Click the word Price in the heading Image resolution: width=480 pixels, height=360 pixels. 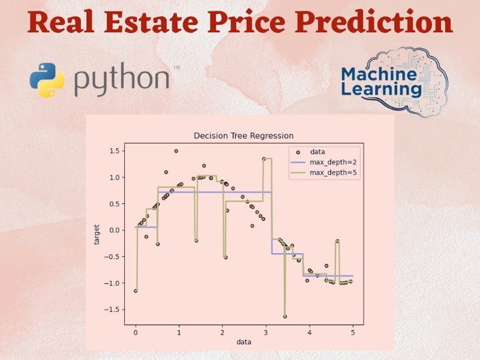click(271, 23)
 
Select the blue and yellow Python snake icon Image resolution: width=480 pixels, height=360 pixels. click(47, 80)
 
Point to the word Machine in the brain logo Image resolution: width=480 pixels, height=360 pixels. click(379, 74)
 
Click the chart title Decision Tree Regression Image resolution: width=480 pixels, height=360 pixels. click(244, 136)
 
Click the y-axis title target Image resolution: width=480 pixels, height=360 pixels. click(97, 234)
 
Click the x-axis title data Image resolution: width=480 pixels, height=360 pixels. click(244, 341)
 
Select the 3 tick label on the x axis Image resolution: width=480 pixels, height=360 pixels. click(266, 331)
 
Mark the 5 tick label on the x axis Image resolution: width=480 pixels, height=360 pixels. click(353, 331)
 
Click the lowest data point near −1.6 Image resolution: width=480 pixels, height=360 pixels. click(285, 316)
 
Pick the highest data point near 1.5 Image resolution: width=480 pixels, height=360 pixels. click(176, 151)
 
